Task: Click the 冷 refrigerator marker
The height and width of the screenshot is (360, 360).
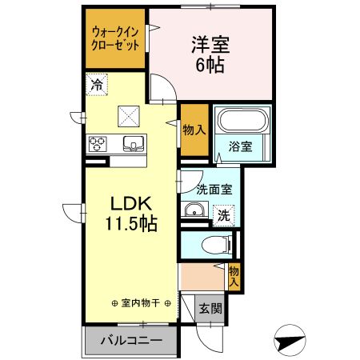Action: click(98, 82)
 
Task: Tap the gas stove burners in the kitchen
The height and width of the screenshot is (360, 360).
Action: click(98, 144)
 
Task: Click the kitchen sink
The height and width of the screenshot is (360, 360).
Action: click(133, 144)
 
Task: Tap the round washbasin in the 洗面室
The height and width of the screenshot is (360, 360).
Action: click(194, 211)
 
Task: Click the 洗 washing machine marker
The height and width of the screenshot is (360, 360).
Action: click(225, 215)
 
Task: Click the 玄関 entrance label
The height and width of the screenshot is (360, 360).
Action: click(211, 308)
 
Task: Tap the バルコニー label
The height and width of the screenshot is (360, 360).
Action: click(130, 341)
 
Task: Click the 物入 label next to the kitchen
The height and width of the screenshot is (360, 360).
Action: click(193, 129)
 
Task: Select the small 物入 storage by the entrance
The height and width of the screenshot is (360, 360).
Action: click(234, 277)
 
